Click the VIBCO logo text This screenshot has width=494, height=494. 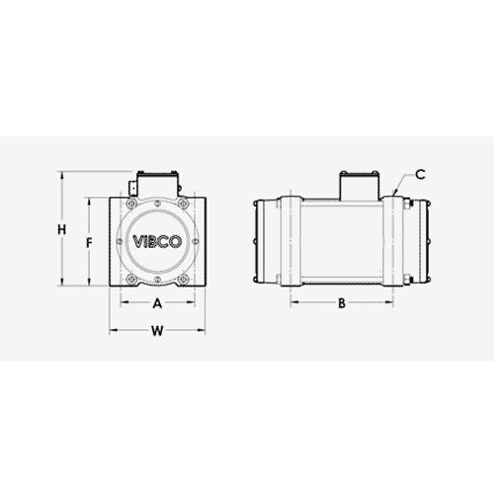pos(157,243)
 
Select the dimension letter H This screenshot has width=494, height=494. pos(62,230)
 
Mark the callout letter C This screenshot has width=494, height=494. pos(420,175)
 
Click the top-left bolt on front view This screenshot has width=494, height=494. pos(131,205)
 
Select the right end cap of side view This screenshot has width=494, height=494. pos(423,243)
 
